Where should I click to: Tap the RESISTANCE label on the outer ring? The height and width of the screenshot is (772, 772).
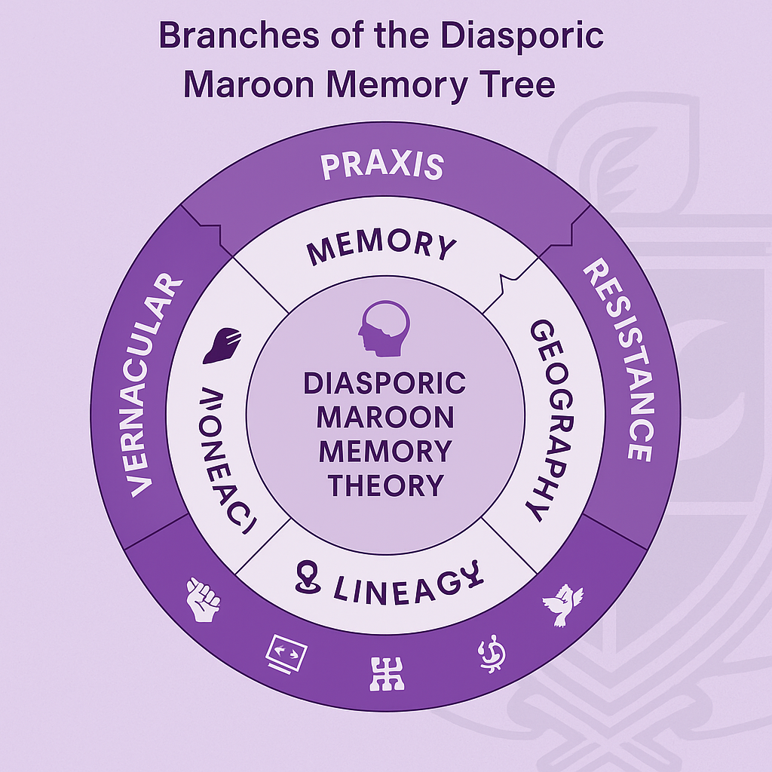617,360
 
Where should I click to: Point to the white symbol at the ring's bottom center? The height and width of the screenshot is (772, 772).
387,673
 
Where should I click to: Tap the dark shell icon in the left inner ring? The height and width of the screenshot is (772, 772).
222,345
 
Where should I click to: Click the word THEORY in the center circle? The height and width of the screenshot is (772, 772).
384,485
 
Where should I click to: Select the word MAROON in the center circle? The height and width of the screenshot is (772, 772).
384,417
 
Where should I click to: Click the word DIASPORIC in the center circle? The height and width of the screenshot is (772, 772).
384,383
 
